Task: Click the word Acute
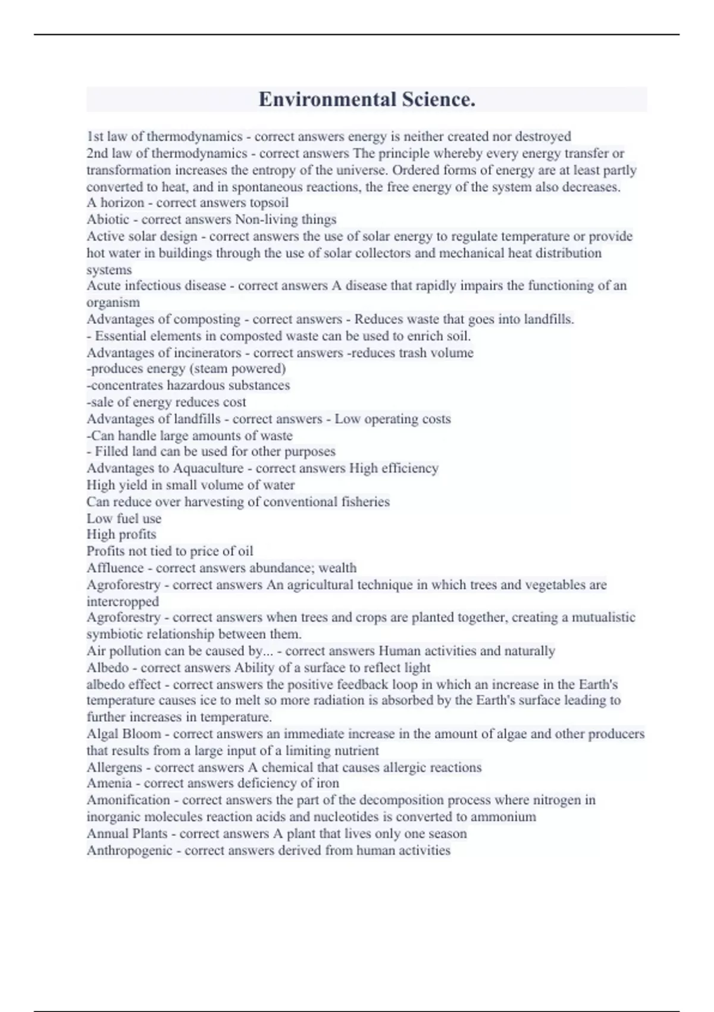[x=104, y=286]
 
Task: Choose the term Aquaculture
[x=208, y=468]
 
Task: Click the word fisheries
[x=365, y=502]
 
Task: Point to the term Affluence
[x=115, y=568]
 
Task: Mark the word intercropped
[x=123, y=601]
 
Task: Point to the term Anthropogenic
[x=130, y=851]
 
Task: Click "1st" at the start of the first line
[x=95, y=137]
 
